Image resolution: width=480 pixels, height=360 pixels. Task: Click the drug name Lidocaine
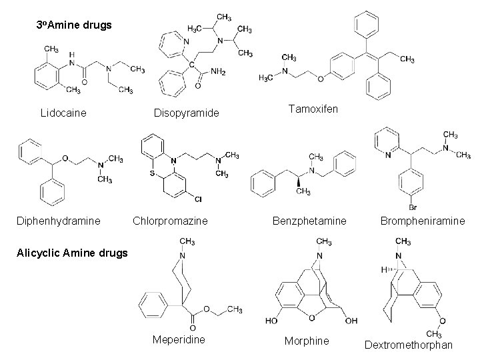tap(63, 113)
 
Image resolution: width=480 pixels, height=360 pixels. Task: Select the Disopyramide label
tap(186, 113)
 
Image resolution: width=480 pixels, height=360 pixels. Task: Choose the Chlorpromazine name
tap(171, 220)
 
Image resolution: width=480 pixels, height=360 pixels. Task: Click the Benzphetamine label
tap(309, 220)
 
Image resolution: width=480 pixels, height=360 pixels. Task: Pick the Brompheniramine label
tap(422, 220)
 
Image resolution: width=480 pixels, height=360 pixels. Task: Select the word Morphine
tap(307, 341)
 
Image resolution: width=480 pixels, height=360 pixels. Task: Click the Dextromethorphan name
tap(409, 345)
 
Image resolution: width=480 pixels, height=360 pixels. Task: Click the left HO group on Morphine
tap(273, 321)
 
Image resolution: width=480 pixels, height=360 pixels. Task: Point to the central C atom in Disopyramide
tap(191, 64)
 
